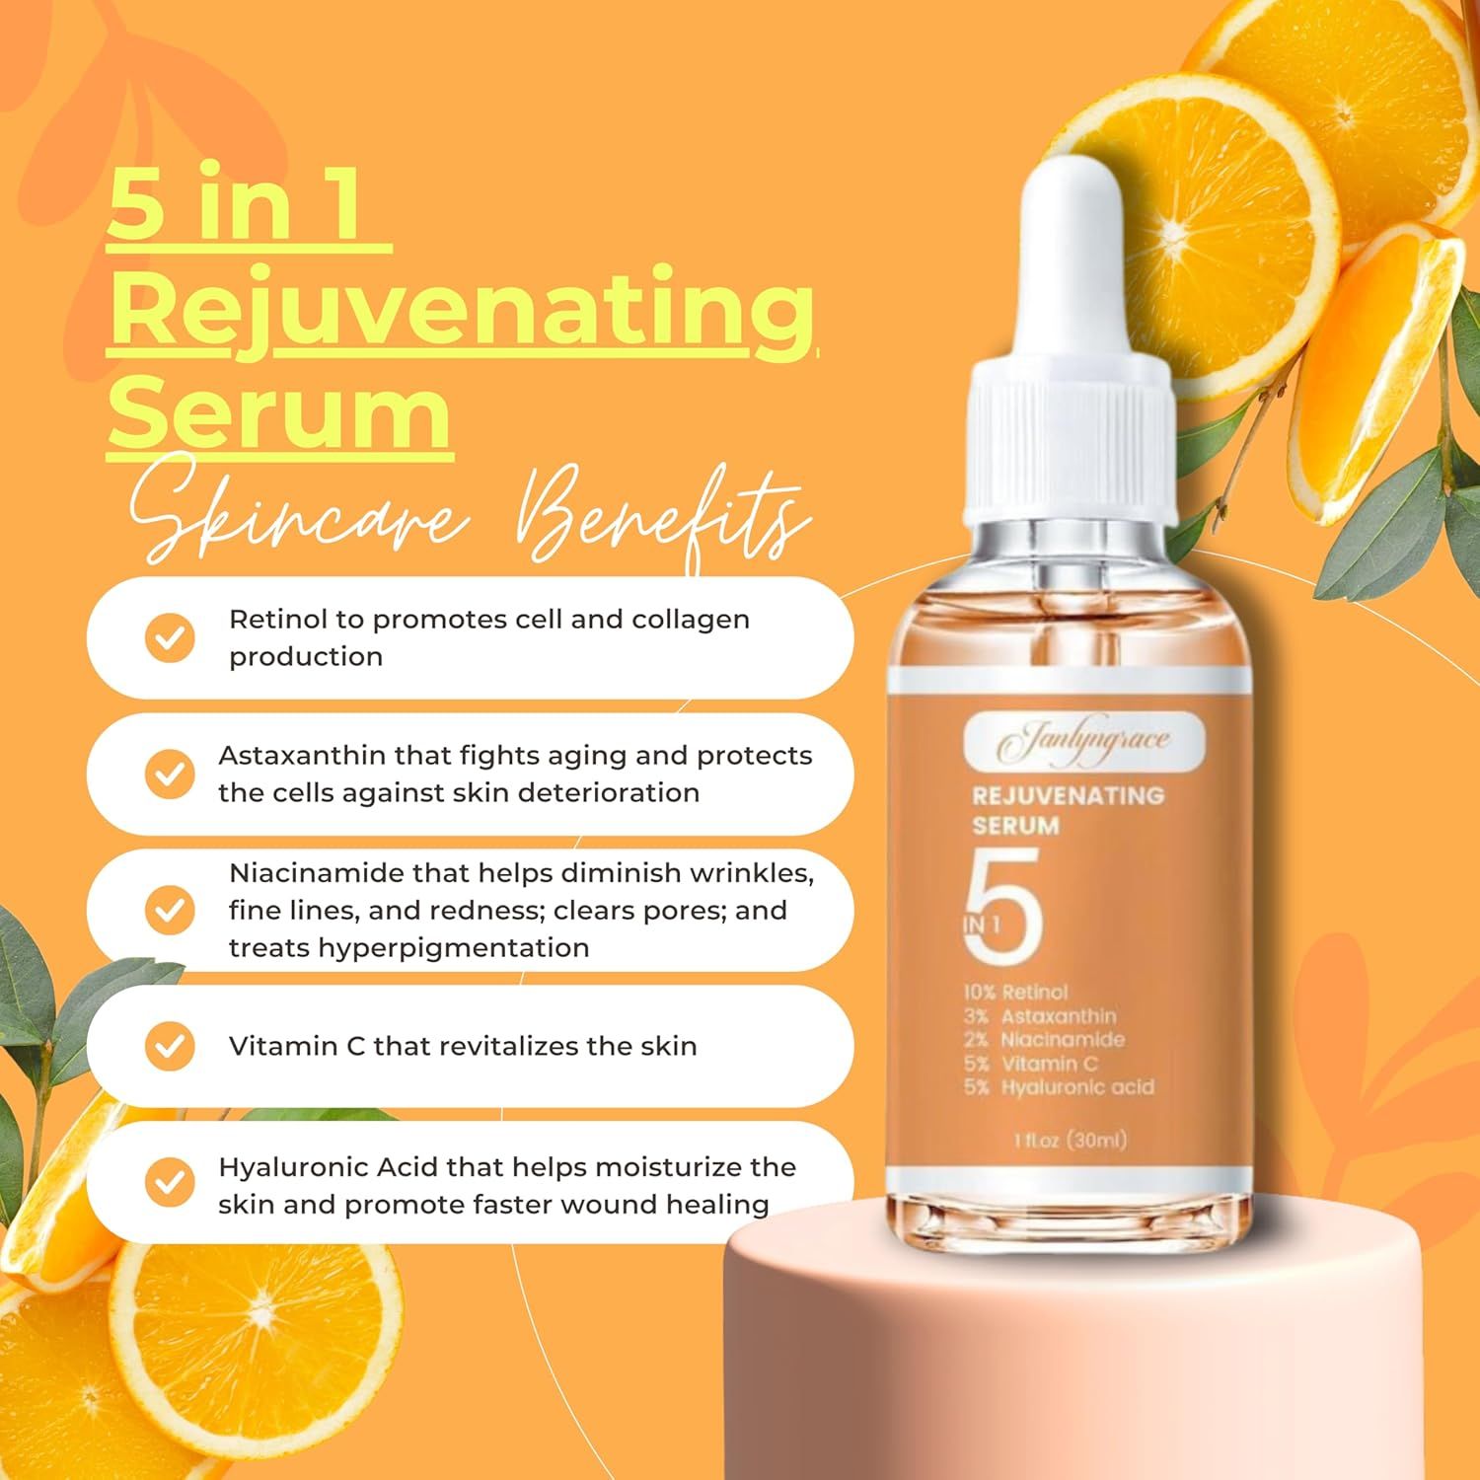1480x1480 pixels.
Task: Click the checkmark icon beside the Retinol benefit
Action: (x=170, y=638)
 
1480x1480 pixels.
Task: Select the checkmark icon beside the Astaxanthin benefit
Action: (x=170, y=775)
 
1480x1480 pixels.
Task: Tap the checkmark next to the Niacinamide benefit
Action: (x=170, y=910)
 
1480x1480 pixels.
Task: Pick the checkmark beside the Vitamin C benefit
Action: (x=170, y=1046)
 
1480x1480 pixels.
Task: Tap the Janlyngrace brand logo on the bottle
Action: (x=1083, y=741)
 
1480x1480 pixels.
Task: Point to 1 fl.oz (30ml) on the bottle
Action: (x=1070, y=1141)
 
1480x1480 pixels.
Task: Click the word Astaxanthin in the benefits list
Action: (x=302, y=756)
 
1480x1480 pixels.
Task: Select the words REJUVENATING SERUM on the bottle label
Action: (x=1066, y=810)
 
